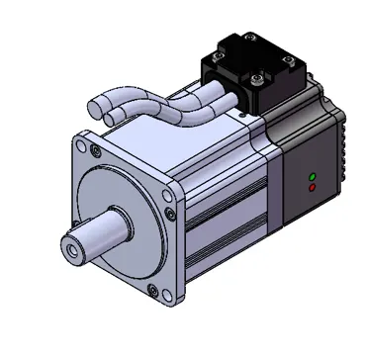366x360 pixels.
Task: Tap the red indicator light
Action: [313, 186]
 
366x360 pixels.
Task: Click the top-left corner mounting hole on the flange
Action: [95, 151]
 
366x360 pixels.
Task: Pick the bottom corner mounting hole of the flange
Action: [152, 291]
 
